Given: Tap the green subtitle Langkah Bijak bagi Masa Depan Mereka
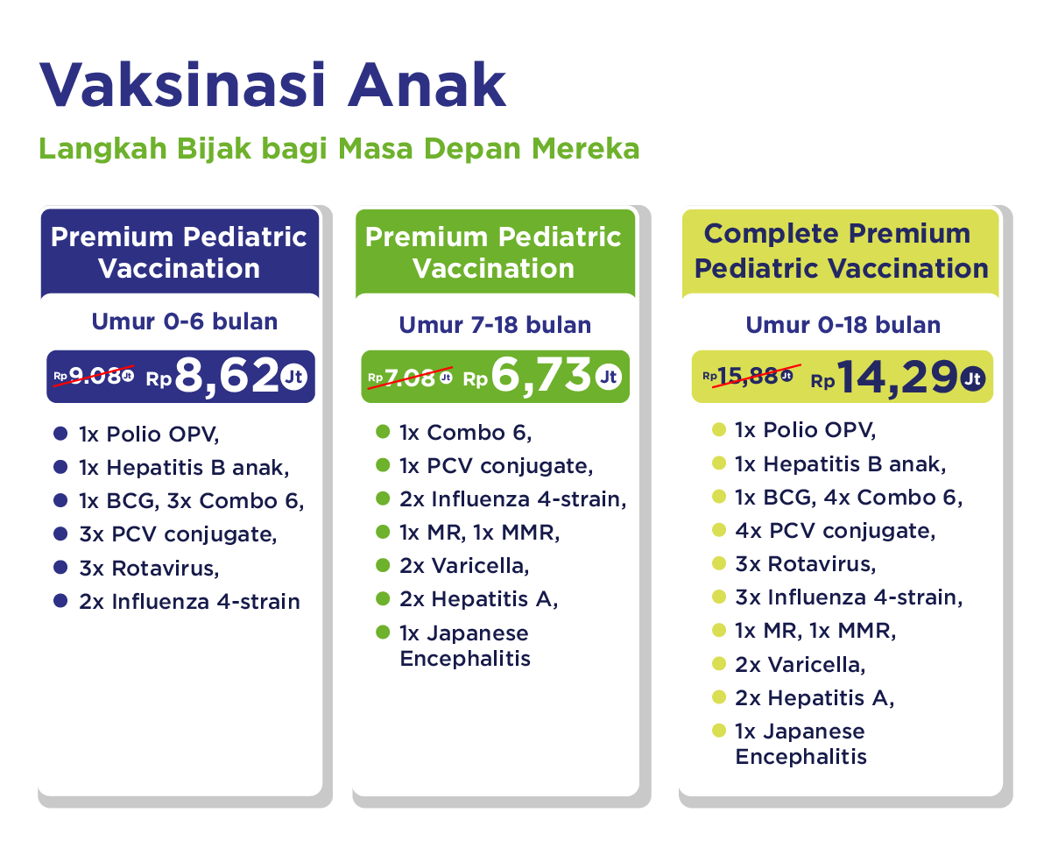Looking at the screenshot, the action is [x=339, y=149].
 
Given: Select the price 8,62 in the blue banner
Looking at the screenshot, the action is [x=227, y=375].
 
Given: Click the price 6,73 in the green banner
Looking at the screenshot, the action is [x=541, y=375].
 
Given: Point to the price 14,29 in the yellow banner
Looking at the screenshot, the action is [x=897, y=378].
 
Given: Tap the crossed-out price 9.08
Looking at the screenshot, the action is [x=95, y=376].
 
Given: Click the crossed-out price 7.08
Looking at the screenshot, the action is [x=410, y=378].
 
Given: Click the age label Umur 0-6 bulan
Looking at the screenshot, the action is [x=185, y=322].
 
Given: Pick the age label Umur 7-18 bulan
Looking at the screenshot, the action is [x=495, y=325].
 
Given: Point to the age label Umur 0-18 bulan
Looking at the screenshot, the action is [x=843, y=325].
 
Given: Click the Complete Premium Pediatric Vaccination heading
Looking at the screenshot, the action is [x=841, y=251].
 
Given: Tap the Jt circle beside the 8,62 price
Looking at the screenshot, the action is [x=294, y=377].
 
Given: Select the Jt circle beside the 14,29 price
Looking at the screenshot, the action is [x=973, y=379].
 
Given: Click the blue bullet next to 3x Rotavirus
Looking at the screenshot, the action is [x=60, y=568].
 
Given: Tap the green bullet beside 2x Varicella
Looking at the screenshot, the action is [x=383, y=565].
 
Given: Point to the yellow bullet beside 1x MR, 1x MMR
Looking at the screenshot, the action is [x=719, y=630].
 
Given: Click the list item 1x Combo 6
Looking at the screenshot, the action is [x=465, y=433].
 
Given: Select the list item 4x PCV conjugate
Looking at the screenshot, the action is [x=836, y=531].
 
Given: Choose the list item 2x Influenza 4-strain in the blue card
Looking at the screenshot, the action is [x=189, y=602].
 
